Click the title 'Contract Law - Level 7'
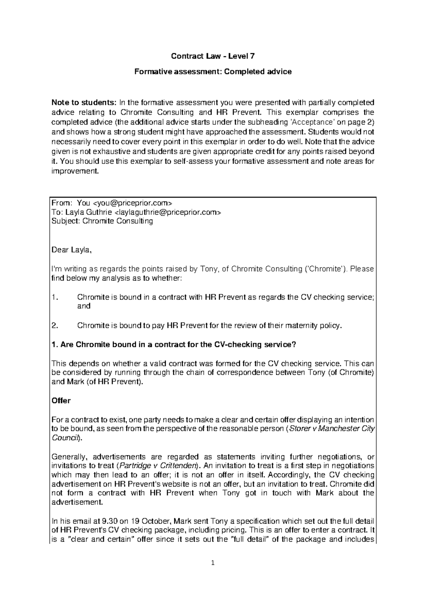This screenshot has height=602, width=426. (x=213, y=56)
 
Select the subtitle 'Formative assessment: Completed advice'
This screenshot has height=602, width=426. (x=213, y=72)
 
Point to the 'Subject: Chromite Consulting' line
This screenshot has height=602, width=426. (x=102, y=221)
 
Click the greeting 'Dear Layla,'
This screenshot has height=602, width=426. (x=72, y=250)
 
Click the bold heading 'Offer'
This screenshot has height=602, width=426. (x=61, y=401)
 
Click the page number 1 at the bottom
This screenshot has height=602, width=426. (x=213, y=563)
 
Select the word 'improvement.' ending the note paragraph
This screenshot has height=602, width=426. (x=74, y=171)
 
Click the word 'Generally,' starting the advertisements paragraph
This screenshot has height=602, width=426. (x=67, y=456)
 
